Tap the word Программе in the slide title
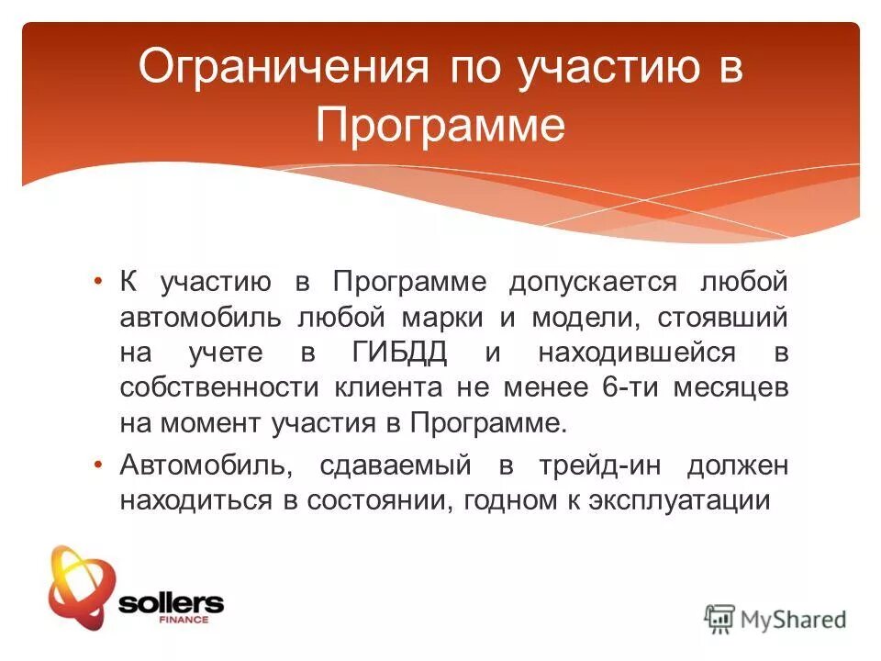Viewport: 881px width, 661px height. click(440, 124)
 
